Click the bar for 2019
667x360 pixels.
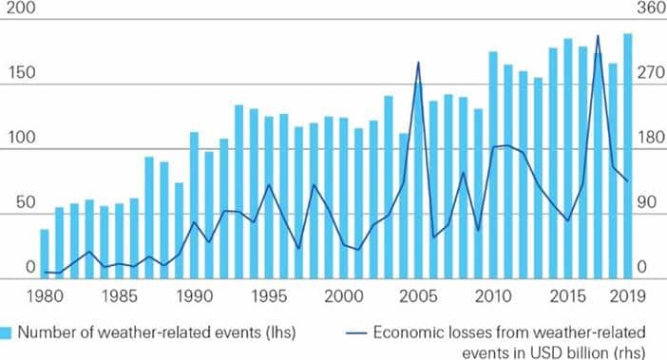pyautogui.click(x=627, y=157)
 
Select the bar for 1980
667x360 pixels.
pyautogui.click(x=44, y=254)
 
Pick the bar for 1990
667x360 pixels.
pyautogui.click(x=194, y=205)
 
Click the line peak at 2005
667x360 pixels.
pyautogui.click(x=419, y=63)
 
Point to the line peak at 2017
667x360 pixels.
pyautogui.click(x=598, y=36)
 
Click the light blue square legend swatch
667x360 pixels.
pyautogui.click(x=7, y=332)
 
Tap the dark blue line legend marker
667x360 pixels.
pyautogui.click(x=351, y=332)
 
